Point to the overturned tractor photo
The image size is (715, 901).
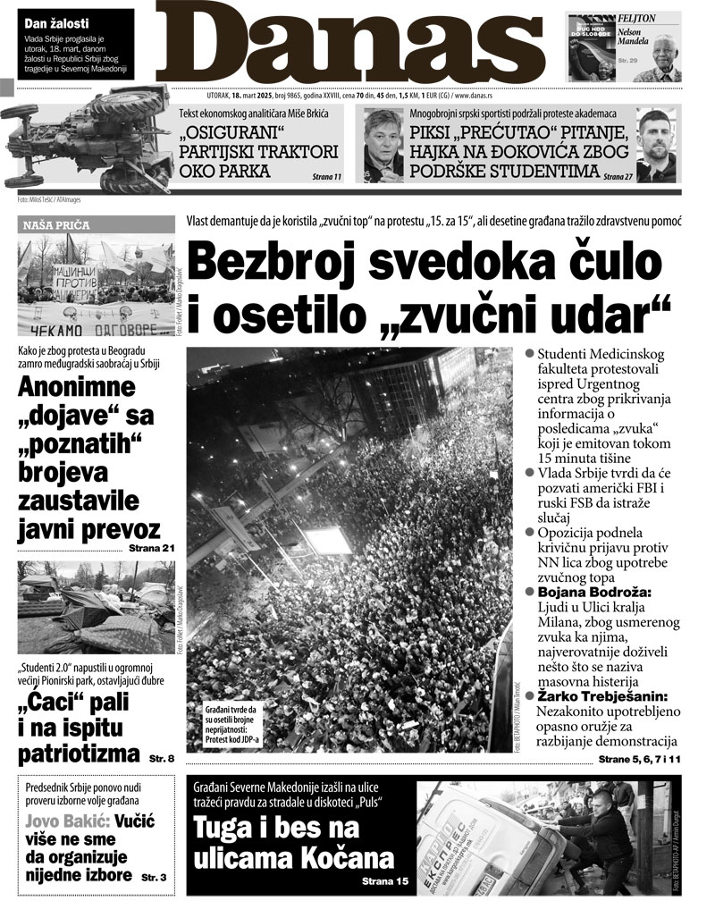click(89, 143)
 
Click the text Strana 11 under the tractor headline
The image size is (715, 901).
click(326, 177)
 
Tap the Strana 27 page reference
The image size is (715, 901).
click(618, 177)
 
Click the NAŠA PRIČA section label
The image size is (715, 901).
click(54, 226)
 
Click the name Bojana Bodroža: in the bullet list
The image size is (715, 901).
click(590, 593)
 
